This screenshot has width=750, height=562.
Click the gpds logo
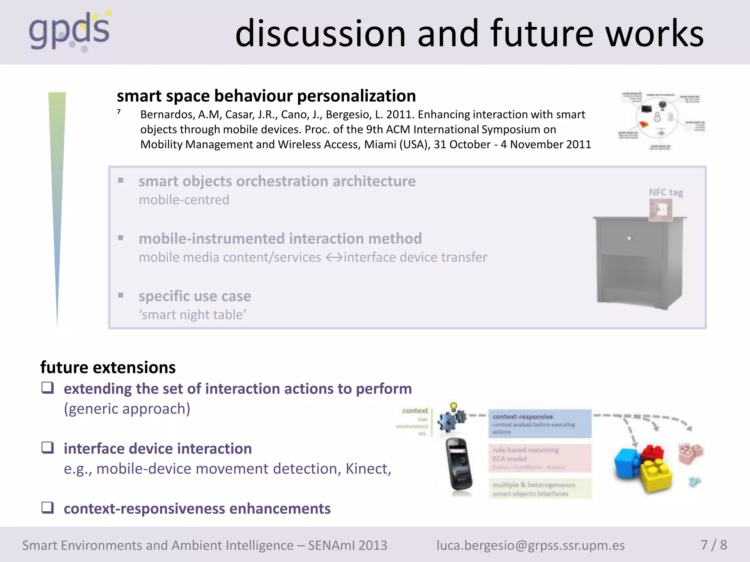point(70,31)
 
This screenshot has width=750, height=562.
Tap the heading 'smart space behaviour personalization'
point(266,96)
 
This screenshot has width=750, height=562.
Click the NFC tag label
point(666,192)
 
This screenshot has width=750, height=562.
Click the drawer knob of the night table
point(629,238)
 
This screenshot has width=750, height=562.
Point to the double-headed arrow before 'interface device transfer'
point(334,258)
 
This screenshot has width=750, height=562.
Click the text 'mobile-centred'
point(184,200)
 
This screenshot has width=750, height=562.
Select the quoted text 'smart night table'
point(192,315)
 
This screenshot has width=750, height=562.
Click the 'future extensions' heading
point(108,367)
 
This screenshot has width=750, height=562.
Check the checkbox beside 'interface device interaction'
point(48,447)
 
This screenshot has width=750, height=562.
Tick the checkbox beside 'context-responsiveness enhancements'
point(48,507)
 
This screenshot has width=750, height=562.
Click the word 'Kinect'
point(367,469)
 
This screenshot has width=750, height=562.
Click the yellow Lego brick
point(656,475)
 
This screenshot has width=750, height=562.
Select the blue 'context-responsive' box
point(540,424)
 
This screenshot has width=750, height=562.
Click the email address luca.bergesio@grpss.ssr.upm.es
point(530,545)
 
